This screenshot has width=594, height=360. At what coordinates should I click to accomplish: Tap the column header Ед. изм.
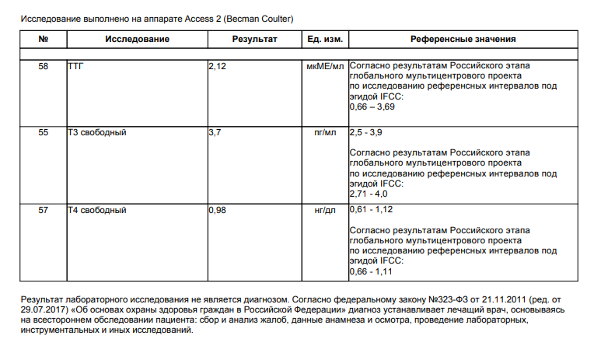pos(324,39)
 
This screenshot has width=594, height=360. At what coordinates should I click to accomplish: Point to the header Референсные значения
pos(463,39)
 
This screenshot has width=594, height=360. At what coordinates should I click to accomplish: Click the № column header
pos(43,39)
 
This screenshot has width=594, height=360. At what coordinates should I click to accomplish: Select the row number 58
pos(43,68)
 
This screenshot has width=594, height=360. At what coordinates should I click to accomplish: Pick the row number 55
pos(43,133)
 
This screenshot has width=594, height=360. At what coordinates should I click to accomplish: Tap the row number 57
pos(43,210)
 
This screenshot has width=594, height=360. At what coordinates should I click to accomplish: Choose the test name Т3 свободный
pos(97,133)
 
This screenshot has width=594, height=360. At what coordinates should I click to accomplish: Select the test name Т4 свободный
pos(97,210)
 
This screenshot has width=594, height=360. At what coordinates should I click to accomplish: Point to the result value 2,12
pos(218,68)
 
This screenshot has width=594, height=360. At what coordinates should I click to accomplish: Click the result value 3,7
pos(215,133)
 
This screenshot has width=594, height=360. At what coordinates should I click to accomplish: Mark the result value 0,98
pos(218,210)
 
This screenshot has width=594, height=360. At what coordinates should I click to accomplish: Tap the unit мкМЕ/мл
pos(325,68)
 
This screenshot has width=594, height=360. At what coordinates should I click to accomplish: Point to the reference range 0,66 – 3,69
pos(376,105)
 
